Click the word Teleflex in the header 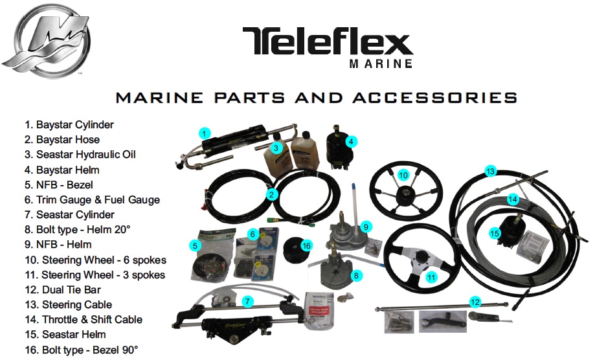click(x=328, y=42)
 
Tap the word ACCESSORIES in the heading click(x=434, y=98)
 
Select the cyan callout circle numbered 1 click(x=203, y=134)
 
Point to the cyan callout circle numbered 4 click(x=350, y=141)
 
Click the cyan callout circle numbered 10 click(x=403, y=175)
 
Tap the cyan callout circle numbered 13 click(x=490, y=172)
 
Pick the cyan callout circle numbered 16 click(x=306, y=246)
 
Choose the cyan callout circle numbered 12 click(x=476, y=302)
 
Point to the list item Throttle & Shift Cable click(x=84, y=319)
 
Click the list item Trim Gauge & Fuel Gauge click(x=92, y=199)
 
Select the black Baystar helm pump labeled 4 click(x=337, y=148)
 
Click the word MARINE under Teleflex click(x=381, y=64)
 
